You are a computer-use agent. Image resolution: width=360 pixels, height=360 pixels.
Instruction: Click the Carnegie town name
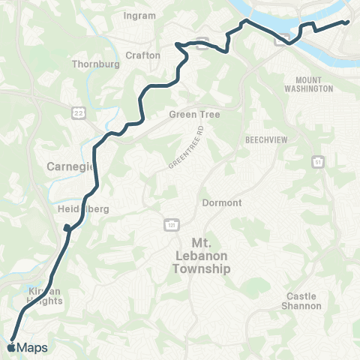coord(71,166)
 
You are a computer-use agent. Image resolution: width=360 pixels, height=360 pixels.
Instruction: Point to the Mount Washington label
coord(309,83)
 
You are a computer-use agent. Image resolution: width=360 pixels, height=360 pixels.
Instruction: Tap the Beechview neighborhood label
coord(263,140)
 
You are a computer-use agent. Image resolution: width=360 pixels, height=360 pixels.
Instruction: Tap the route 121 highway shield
coord(171,224)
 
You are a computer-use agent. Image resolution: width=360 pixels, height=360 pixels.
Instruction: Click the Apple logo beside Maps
coord(10,347)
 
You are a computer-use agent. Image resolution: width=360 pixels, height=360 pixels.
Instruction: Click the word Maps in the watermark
coord(32,348)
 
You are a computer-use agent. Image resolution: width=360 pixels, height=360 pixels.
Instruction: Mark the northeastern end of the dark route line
coord(349,22)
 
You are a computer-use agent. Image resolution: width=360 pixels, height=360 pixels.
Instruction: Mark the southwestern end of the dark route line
coord(12,337)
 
